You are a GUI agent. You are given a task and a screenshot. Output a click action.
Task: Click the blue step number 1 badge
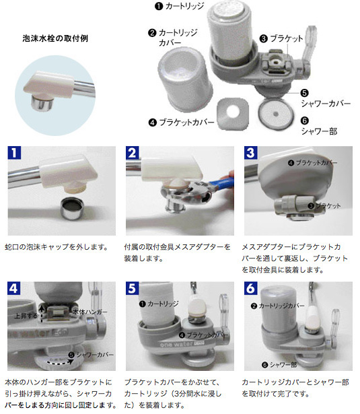13,152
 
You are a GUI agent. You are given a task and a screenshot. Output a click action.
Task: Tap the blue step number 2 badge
132,152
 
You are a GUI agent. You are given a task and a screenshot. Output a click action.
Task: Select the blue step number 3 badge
250,152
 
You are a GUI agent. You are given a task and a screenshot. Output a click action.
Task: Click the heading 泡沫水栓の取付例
55,38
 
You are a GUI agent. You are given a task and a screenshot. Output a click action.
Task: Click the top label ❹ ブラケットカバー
180,123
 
